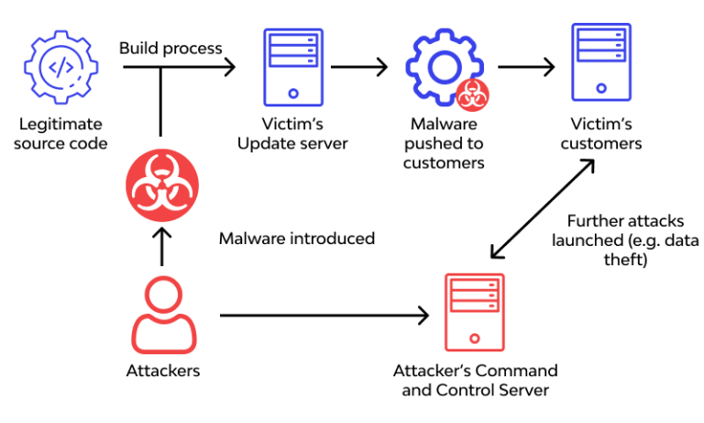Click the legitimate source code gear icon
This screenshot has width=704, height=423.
[x=60, y=66]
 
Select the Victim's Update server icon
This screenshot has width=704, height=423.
[x=292, y=65]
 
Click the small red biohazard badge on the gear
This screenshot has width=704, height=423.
[x=473, y=92]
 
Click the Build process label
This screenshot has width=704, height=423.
[x=171, y=48]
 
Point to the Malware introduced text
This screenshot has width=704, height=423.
[x=296, y=239]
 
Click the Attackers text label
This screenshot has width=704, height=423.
[x=162, y=371]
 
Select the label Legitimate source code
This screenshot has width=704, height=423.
[x=60, y=133]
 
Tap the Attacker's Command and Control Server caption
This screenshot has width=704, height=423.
[x=475, y=380]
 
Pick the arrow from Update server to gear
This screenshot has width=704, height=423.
[x=358, y=67]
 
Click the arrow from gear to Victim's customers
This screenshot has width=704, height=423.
[x=526, y=67]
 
